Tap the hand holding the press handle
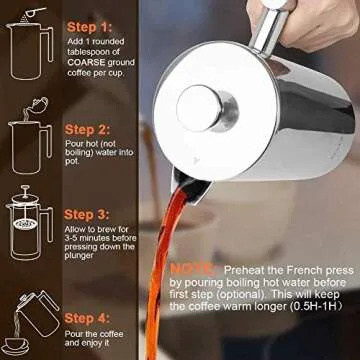pyautogui.click(x=300, y=17)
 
